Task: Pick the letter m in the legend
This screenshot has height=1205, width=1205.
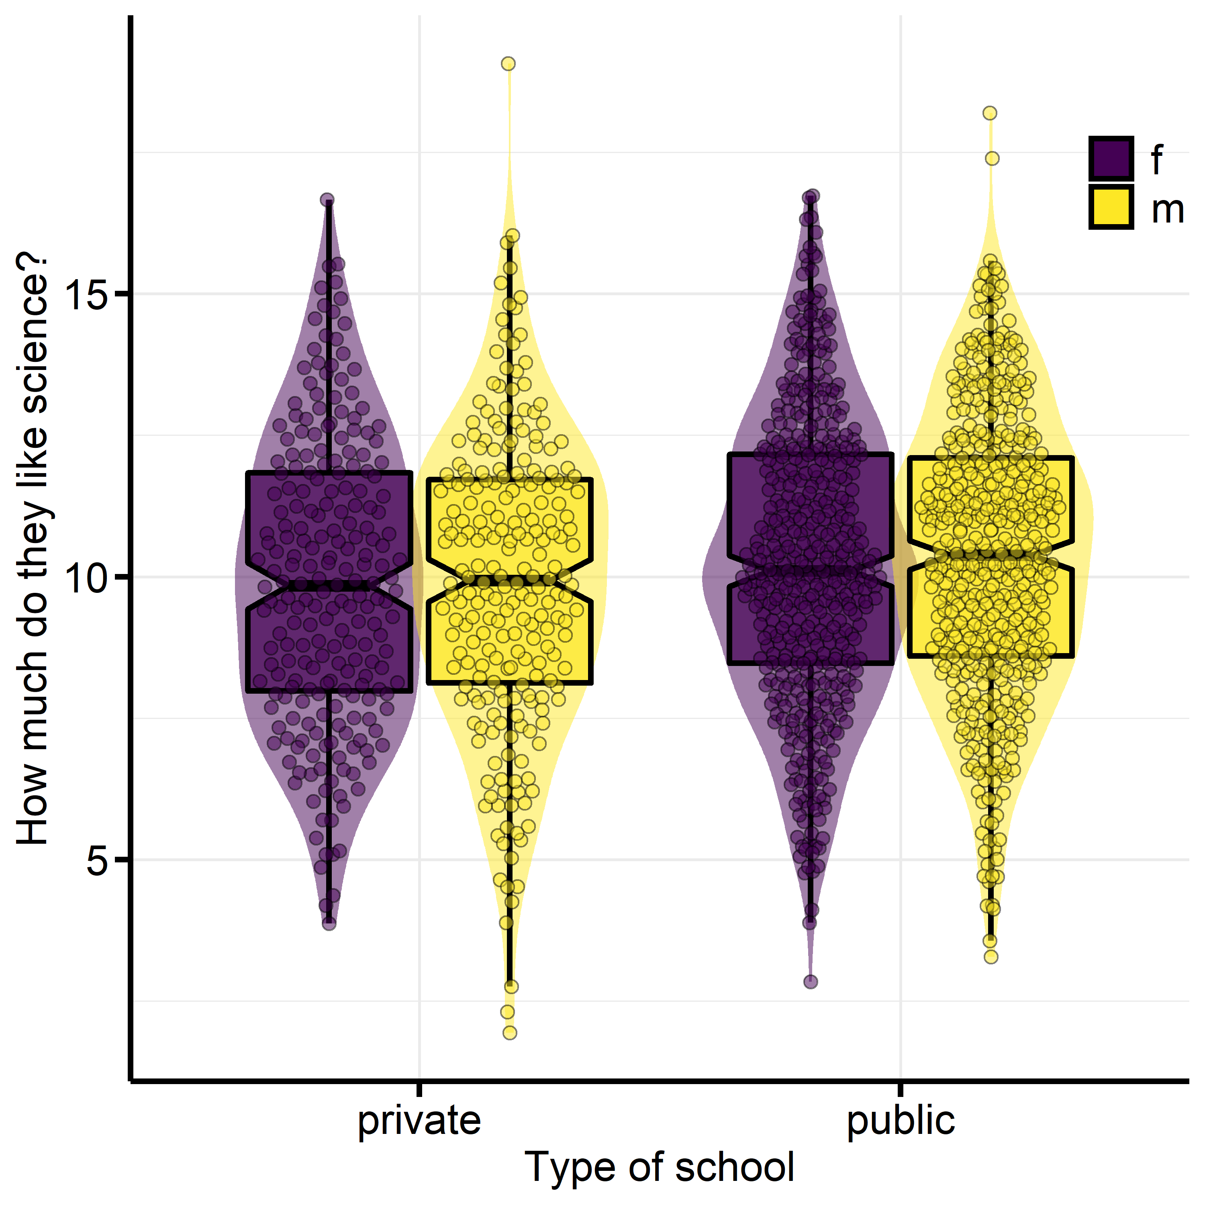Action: [1168, 210]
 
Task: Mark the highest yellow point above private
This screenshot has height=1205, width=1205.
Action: [509, 63]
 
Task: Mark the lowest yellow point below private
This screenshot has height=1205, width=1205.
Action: [510, 1033]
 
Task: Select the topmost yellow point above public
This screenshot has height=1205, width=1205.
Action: [990, 113]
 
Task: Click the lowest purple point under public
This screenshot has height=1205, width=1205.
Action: [810, 982]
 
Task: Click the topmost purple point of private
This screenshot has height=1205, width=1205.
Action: [327, 200]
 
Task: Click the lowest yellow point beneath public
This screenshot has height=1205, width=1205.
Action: [991, 957]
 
